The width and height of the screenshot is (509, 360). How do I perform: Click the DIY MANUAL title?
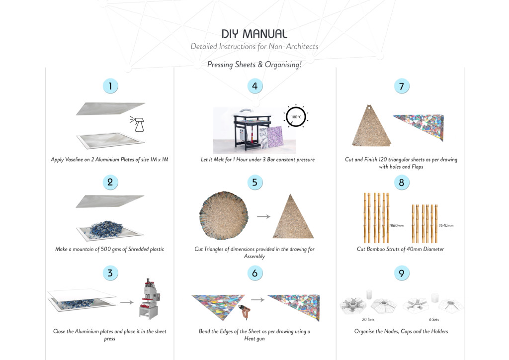click(x=254, y=34)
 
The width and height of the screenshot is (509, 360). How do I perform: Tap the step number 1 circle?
click(x=110, y=86)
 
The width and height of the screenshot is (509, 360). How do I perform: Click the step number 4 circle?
click(x=254, y=86)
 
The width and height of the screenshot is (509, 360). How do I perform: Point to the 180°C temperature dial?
click(x=296, y=118)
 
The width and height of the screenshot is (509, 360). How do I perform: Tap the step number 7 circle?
click(x=401, y=86)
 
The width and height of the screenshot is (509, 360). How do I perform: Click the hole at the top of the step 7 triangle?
click(x=370, y=106)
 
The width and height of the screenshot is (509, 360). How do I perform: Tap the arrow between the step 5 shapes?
click(x=263, y=216)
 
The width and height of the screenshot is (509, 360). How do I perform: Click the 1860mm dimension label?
click(x=396, y=225)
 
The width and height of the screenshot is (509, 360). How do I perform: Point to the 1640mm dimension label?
click(x=446, y=225)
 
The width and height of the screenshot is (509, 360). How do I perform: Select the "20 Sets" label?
click(x=368, y=319)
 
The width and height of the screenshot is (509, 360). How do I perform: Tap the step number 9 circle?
click(x=401, y=272)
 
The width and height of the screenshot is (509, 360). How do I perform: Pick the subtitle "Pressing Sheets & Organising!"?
click(x=254, y=65)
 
